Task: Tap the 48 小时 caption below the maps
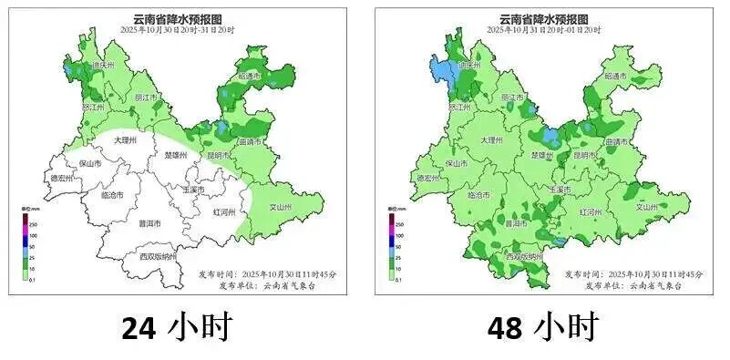[544, 327]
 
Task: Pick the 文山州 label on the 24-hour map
[264, 207]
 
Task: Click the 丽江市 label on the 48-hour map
[512, 97]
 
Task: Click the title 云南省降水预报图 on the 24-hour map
[177, 18]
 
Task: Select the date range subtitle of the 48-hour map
[543, 30]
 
